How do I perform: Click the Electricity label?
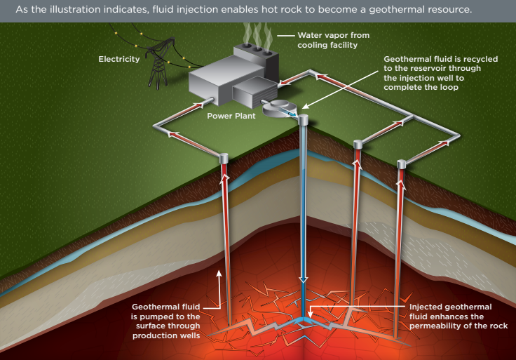coord(118,59)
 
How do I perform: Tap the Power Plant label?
coord(231,116)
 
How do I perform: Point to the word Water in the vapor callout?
coord(308,35)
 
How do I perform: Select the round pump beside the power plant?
coord(280,108)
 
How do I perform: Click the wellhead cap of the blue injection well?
coord(303,119)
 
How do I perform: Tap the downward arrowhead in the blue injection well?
coord(303,279)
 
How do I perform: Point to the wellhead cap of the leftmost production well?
coord(224,158)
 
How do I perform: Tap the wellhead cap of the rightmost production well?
coord(401,164)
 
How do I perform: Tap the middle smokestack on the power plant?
coord(257,49)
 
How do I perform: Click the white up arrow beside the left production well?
coord(219,288)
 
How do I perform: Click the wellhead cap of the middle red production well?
coord(358,145)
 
